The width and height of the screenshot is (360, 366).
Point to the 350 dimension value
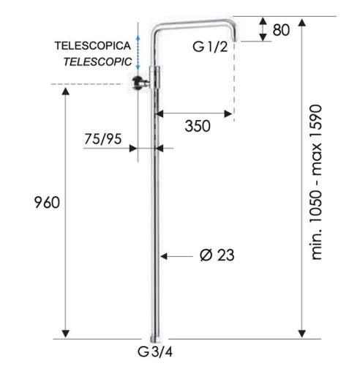pyautogui.click(x=197, y=126)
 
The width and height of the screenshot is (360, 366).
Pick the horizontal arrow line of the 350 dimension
pyautogui.click(x=195, y=113)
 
